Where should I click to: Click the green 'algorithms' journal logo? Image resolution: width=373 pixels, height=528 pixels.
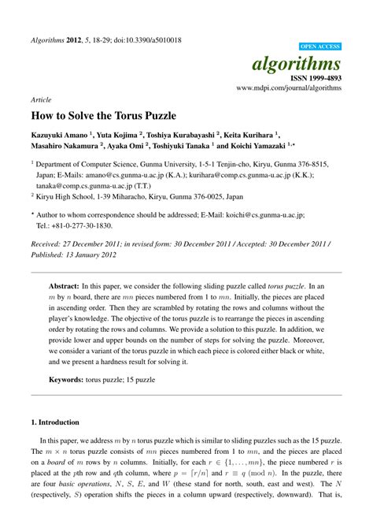pos(308,64)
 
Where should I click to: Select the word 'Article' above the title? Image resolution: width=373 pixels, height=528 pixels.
pos(41,101)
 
